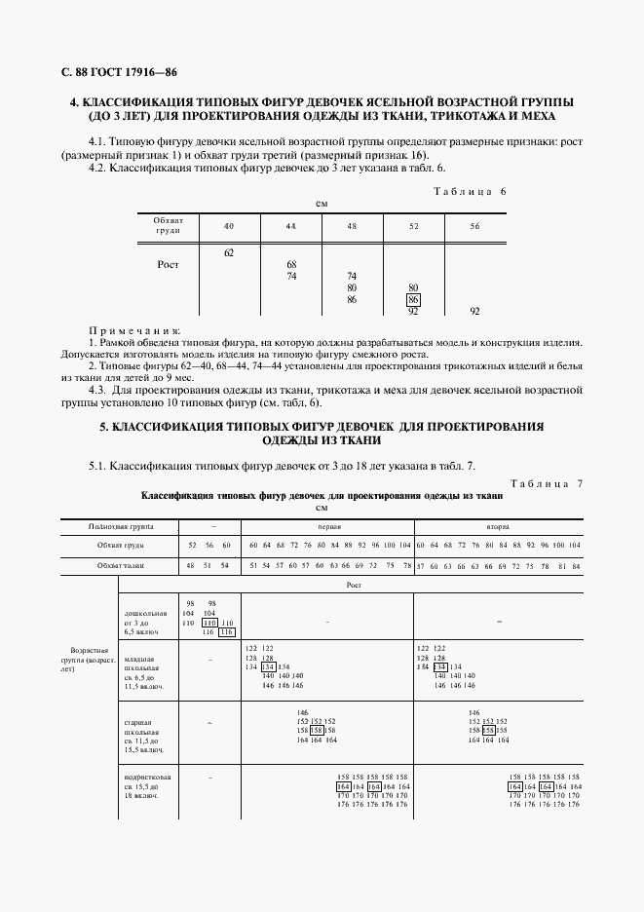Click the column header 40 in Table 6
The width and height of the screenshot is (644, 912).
(229, 226)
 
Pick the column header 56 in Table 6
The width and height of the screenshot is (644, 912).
(474, 226)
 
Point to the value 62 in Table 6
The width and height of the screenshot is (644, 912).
(229, 252)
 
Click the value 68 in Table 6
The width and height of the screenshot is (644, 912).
(290, 264)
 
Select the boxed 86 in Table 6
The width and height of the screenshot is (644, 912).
(413, 300)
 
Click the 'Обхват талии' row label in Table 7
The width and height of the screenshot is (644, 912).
(121, 565)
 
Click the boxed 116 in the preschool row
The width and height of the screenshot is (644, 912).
(227, 632)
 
